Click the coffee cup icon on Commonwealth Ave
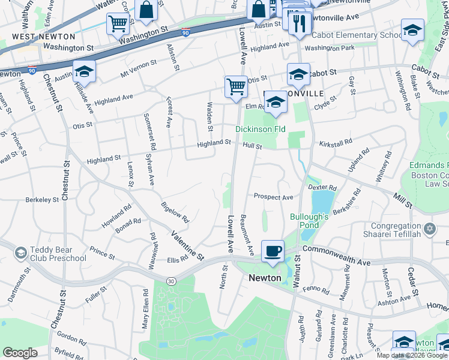point(273,251)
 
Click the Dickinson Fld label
point(260,129)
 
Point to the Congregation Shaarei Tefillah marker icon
point(429,229)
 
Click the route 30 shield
point(172,281)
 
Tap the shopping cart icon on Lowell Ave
point(236,86)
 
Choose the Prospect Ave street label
point(273,197)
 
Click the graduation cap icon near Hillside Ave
point(84,71)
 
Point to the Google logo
point(20,353)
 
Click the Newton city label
point(265,278)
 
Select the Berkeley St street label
point(43,198)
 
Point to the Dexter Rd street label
point(321,188)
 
